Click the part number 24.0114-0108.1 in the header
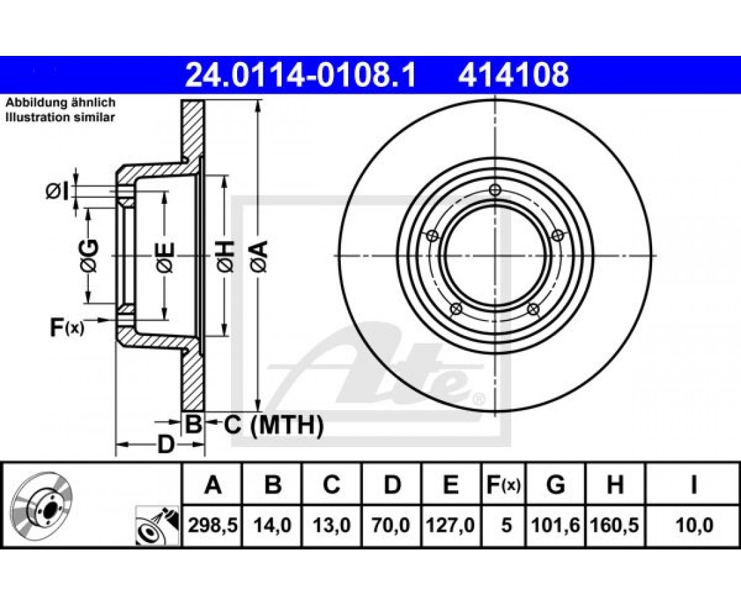[x=300, y=75]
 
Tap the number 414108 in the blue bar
[x=513, y=75]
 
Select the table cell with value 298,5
[x=212, y=525]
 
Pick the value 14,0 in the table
[x=273, y=525]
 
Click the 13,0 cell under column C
[x=332, y=525]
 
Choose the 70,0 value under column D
[x=392, y=525]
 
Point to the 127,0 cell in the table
[x=451, y=525]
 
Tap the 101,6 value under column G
[x=556, y=525]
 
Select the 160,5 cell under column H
[x=615, y=525]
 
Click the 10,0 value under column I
[x=694, y=525]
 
